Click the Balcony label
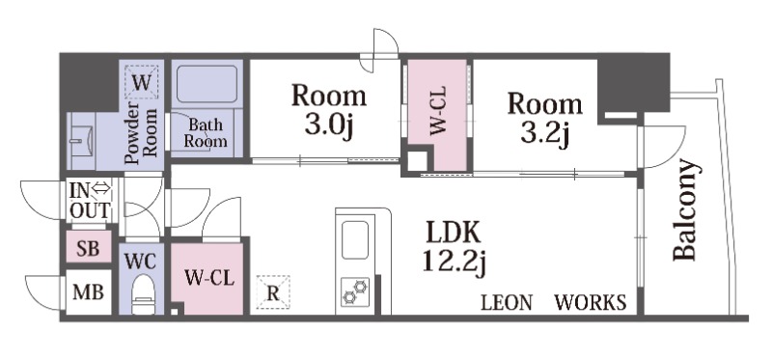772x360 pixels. (686, 209)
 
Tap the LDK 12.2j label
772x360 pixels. (455, 248)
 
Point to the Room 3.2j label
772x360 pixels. (545, 118)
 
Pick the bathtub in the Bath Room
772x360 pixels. (207, 84)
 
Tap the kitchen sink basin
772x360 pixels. (355, 239)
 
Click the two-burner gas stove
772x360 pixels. (355, 291)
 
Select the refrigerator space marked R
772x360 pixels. (273, 292)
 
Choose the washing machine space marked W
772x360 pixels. (141, 82)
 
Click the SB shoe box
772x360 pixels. (89, 248)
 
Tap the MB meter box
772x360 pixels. (89, 292)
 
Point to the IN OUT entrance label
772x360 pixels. (90, 201)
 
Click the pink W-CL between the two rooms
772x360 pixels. (438, 113)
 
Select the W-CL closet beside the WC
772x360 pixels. (207, 279)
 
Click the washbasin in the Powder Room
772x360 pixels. (82, 141)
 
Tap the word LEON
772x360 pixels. (507, 302)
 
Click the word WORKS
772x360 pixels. (591, 302)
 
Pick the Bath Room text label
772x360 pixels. (206, 133)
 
